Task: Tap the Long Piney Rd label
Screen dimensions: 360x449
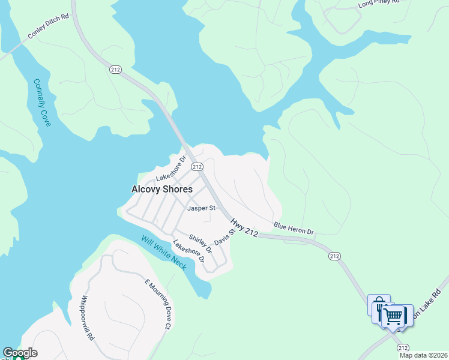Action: click(378, 3)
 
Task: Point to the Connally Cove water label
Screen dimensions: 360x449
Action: click(42, 103)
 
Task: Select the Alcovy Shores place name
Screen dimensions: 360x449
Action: click(162, 189)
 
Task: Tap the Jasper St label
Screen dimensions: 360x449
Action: click(200, 208)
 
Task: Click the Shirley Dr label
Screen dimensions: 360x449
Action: click(200, 243)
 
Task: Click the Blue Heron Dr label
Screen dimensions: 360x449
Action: click(294, 229)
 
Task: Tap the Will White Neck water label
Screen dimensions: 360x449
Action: click(163, 253)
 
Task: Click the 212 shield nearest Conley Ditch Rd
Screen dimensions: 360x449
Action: click(116, 70)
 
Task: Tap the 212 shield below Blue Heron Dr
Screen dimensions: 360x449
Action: click(335, 256)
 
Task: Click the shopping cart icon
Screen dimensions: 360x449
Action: click(394, 315)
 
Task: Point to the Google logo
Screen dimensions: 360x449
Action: click(20, 353)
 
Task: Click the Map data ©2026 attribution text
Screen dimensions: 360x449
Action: click(423, 355)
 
